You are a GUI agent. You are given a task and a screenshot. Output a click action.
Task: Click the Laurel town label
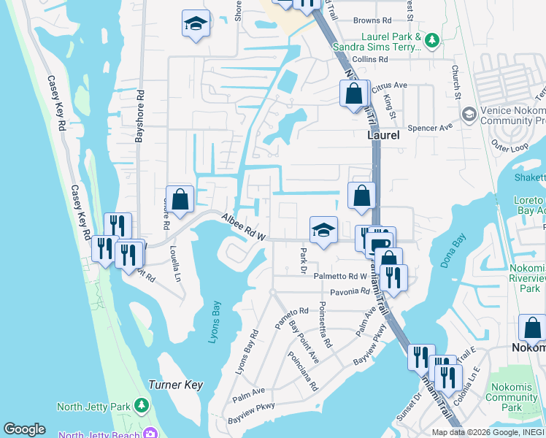[382, 135]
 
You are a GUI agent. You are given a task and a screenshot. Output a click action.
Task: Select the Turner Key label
[175, 384]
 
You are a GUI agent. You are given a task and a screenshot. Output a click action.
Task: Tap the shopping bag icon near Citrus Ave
[353, 94]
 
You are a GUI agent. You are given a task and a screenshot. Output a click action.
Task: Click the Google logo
[24, 429]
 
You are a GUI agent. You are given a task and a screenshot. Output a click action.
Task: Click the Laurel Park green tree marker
[432, 39]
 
